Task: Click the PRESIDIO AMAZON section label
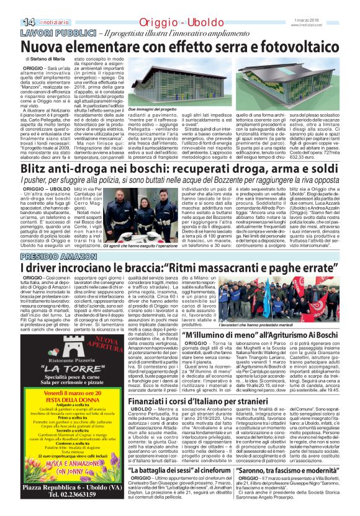[53, 256]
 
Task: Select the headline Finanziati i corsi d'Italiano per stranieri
[223, 402]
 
